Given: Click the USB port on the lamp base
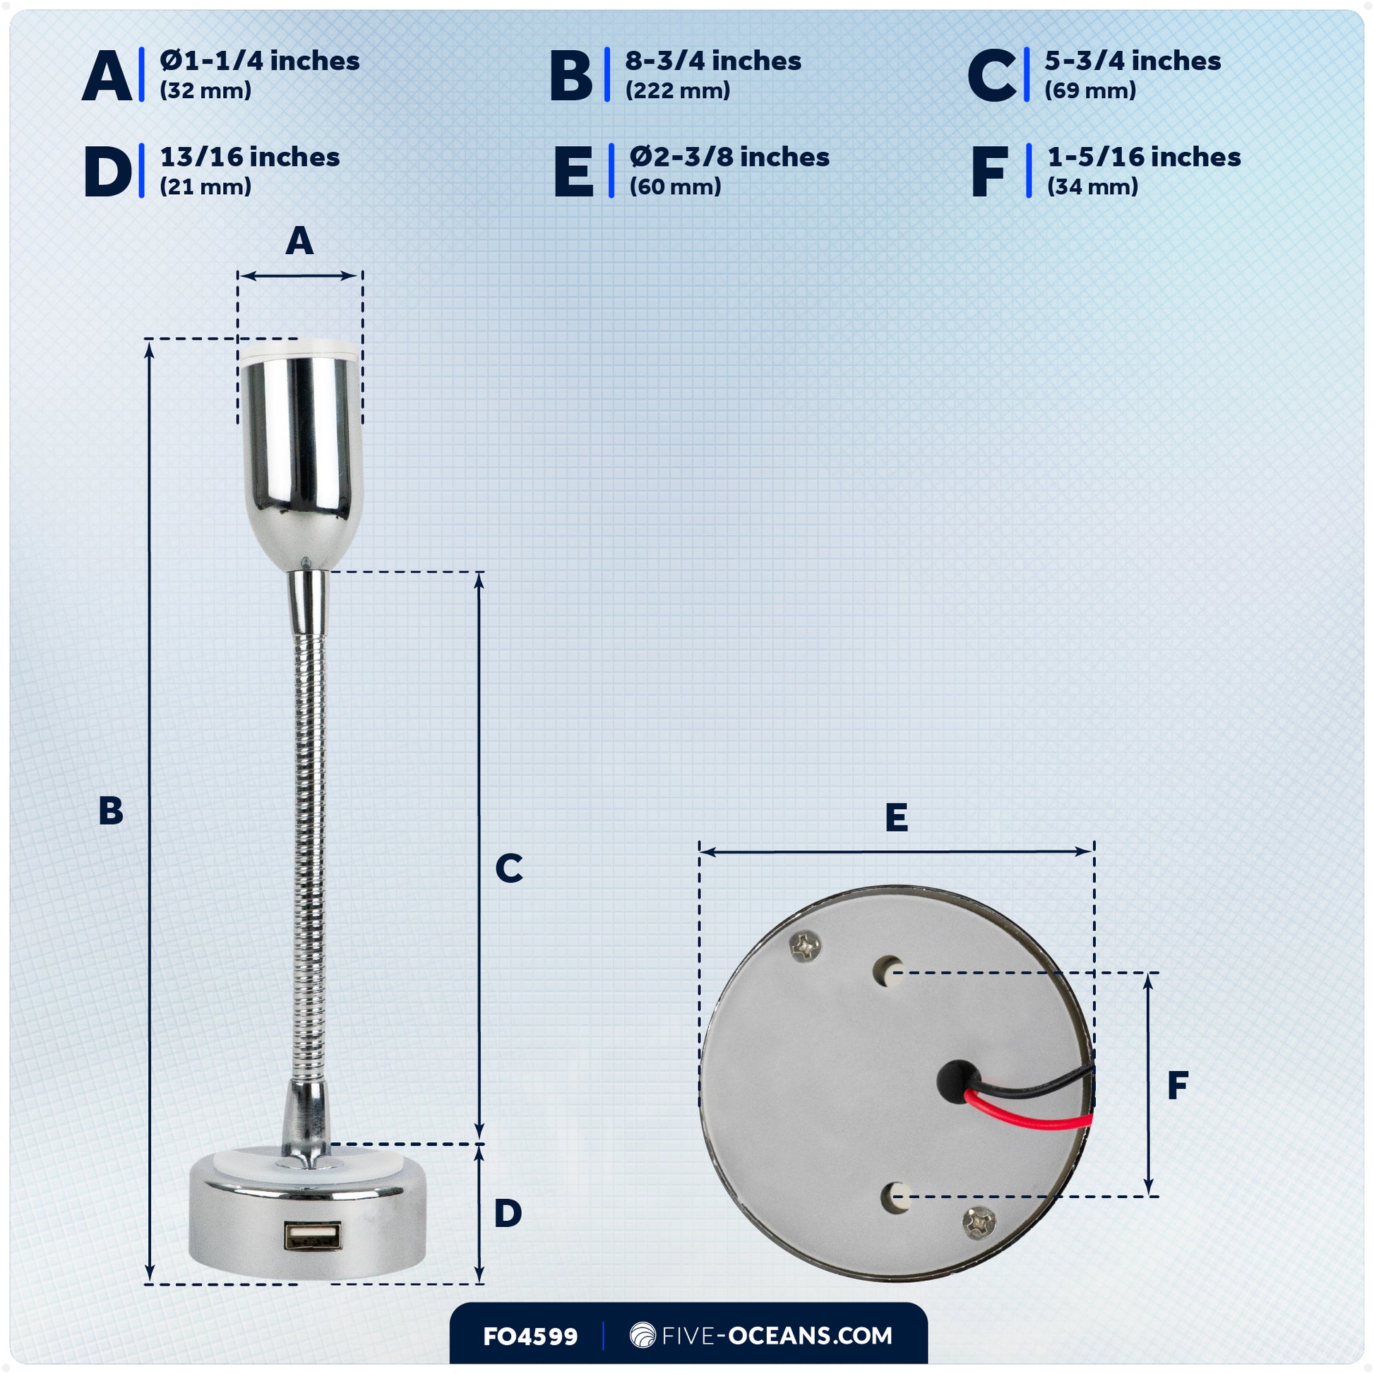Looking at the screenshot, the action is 313,1236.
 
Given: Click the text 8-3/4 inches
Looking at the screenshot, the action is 713,61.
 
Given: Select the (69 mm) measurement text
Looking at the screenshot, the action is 1089,91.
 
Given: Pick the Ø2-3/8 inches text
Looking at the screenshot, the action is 729,157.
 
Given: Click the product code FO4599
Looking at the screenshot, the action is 530,1337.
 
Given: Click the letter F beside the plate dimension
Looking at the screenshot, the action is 1178,1086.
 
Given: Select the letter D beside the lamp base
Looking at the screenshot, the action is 508,1213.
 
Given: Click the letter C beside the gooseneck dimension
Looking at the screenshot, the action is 509,868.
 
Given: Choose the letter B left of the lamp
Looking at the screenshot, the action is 111,811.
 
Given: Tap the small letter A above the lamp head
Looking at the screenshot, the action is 299,241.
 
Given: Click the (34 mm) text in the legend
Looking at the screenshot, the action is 1092,187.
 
